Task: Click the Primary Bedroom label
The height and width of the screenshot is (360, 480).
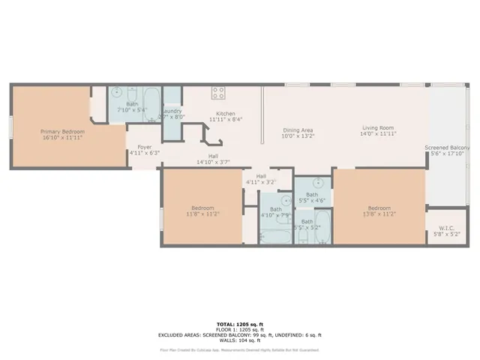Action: (x=62, y=131)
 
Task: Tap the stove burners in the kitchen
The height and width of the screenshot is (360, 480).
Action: (x=218, y=94)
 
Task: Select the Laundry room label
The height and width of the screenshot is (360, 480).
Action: (x=172, y=112)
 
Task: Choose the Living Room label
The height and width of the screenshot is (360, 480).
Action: (x=379, y=127)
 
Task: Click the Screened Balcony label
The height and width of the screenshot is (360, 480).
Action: (x=447, y=148)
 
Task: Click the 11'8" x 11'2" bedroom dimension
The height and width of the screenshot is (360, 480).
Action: (x=202, y=214)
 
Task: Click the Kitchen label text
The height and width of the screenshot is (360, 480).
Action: (x=226, y=113)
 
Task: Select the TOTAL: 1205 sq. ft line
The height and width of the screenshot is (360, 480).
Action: (x=239, y=324)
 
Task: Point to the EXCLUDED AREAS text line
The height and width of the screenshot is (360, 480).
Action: (x=239, y=334)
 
